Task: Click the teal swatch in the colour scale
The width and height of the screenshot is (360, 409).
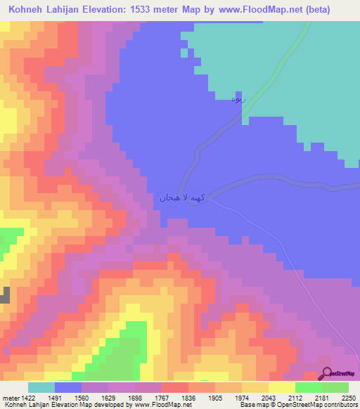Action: pos(41,387)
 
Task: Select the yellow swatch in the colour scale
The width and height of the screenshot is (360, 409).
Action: pos(282,387)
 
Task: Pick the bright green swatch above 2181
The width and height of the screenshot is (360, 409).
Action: pos(309,387)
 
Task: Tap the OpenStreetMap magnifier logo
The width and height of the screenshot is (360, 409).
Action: pos(326,374)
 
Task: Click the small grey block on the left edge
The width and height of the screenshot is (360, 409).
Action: pos(5,294)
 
